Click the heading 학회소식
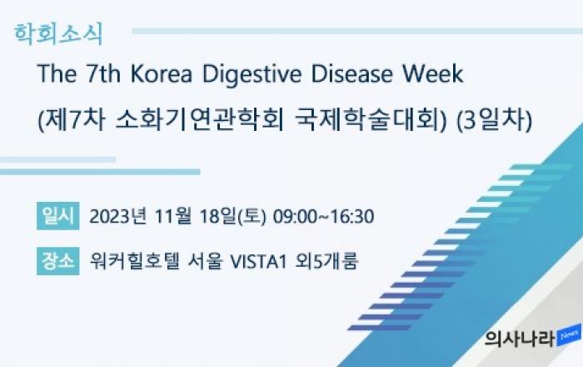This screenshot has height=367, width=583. (58, 34)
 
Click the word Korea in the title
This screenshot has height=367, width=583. (161, 73)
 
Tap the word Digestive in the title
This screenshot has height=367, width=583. (252, 74)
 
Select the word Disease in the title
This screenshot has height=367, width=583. (351, 73)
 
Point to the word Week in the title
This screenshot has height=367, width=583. (433, 73)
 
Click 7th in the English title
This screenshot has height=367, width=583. (104, 73)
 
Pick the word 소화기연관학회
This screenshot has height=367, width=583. (200, 120)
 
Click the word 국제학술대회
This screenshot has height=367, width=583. (370, 120)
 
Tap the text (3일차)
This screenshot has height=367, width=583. (494, 120)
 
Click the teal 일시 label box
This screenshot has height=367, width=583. (58, 216)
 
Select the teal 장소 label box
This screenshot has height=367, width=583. (58, 261)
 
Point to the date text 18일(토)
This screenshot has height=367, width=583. (232, 216)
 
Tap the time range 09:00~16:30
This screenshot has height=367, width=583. (323, 217)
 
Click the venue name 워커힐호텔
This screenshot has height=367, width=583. (135, 261)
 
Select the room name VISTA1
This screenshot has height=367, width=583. (258, 261)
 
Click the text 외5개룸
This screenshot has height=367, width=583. (326, 261)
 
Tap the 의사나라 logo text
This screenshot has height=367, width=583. (520, 339)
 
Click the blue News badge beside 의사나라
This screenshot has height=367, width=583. (569, 335)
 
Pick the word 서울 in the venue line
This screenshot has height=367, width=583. (205, 261)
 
